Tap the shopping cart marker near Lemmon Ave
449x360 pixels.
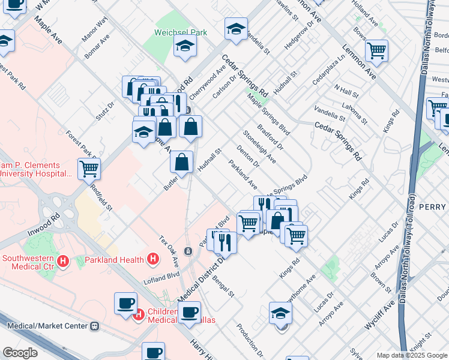tap(376, 51)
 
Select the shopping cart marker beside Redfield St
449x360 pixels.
tap(89, 169)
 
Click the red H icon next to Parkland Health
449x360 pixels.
tap(153, 259)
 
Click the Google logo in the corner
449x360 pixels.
tap(20, 353)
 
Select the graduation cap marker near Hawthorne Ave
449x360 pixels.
tap(280, 313)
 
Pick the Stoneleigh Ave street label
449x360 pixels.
tap(259, 146)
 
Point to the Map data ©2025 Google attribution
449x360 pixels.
tap(410, 355)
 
